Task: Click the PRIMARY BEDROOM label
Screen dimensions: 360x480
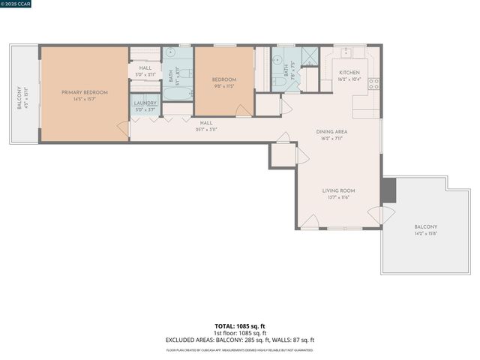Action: [x=85, y=92]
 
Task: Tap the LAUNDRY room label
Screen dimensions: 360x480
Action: [x=145, y=103]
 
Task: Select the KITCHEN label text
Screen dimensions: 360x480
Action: [x=350, y=73]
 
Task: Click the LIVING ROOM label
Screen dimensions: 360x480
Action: [x=338, y=190]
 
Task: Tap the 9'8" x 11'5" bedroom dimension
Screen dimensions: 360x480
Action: [x=223, y=85]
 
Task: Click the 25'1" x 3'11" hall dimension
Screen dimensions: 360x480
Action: [x=206, y=129]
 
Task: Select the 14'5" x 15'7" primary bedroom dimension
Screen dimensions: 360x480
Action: [x=85, y=99]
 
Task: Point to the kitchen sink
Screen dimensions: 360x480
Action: [x=346, y=54]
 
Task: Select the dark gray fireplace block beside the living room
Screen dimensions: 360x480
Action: [x=388, y=190]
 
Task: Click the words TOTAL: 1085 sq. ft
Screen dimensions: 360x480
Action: [x=240, y=326]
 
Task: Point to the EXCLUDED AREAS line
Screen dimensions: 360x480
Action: [x=240, y=340]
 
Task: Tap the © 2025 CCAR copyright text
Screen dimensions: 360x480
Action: [x=16, y=4]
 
